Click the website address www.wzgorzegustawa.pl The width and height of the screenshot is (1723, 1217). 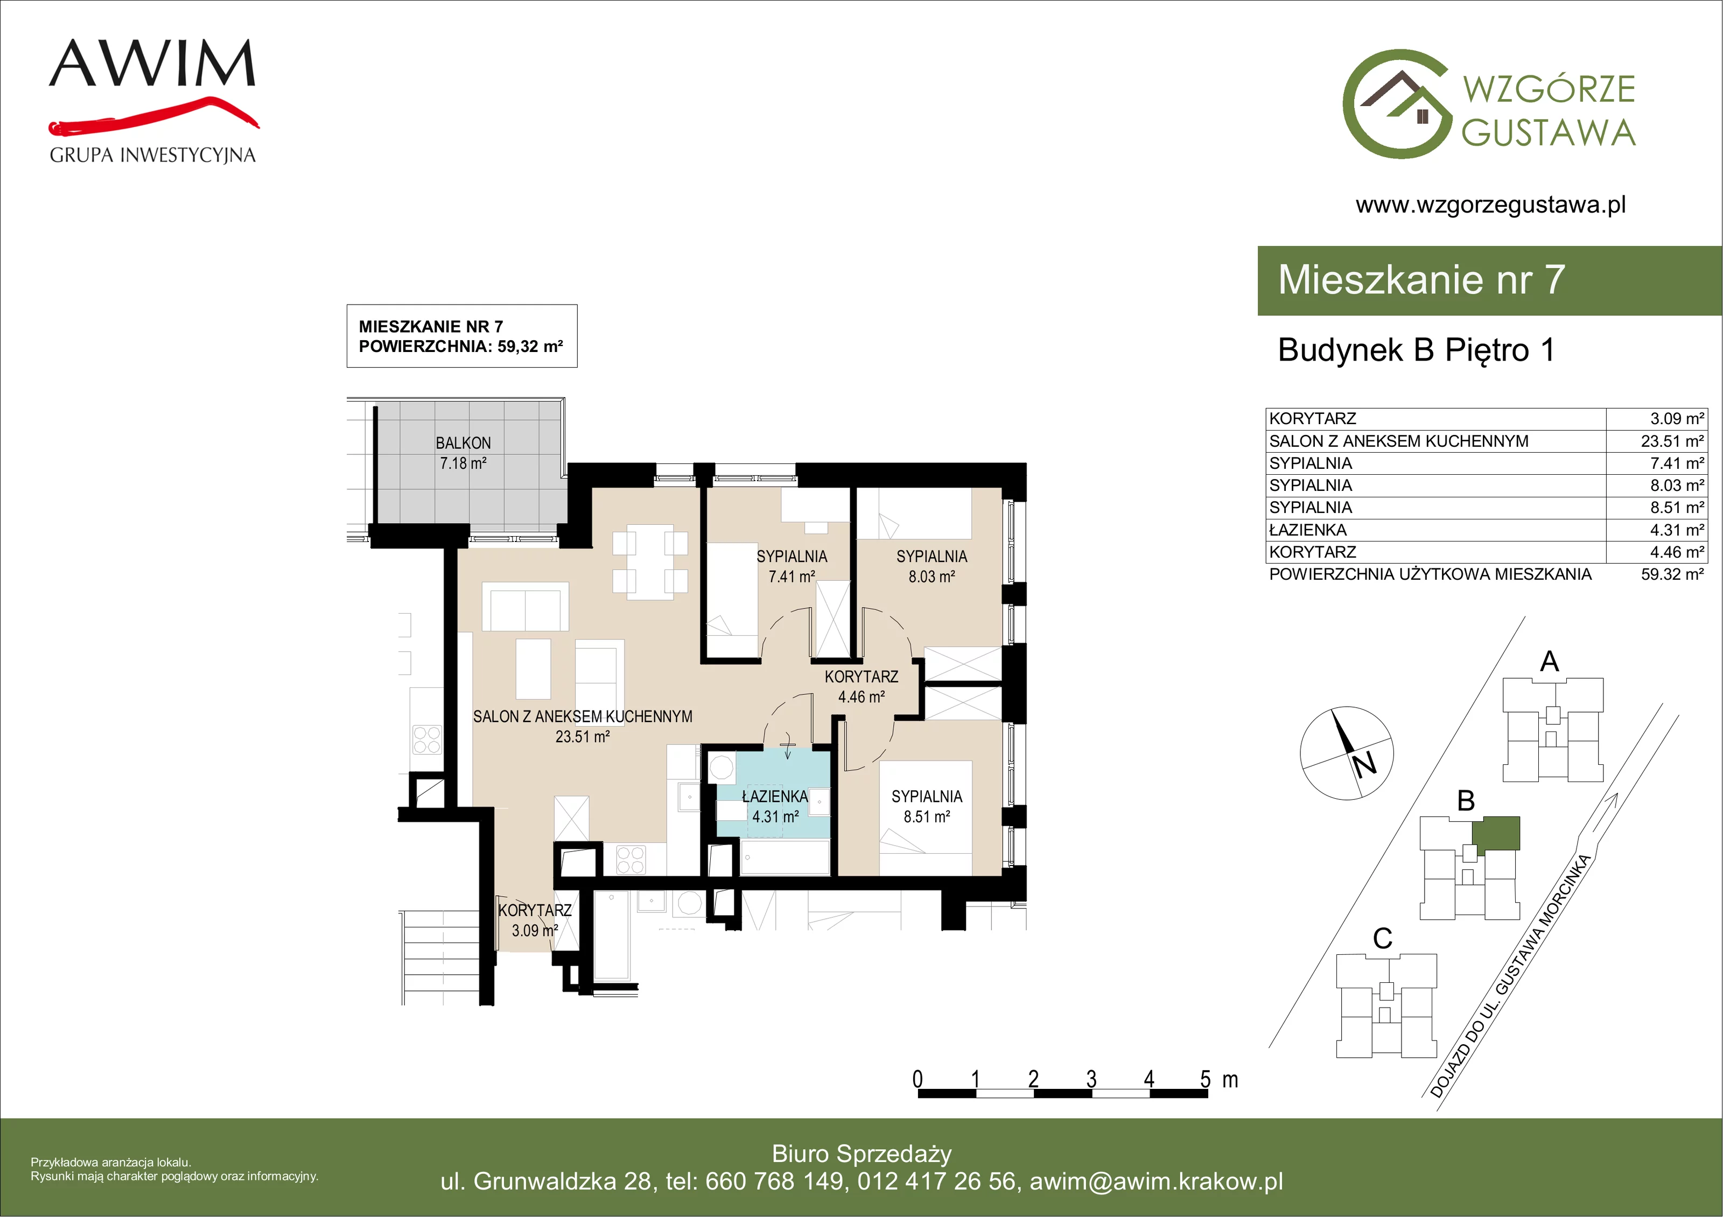1490,205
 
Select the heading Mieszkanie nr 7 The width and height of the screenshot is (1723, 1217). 1421,280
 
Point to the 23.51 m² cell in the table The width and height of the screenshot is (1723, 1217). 1672,441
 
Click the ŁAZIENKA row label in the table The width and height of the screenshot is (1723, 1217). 1307,530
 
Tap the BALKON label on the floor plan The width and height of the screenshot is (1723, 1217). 463,444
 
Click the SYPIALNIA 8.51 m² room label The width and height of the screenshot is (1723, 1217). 927,806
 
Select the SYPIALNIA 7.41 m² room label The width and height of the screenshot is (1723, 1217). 792,566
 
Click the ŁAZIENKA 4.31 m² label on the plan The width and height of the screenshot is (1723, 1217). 775,806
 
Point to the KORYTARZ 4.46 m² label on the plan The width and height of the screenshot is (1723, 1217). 861,686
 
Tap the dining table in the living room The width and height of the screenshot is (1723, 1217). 650,562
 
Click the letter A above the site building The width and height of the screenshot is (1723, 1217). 1549,662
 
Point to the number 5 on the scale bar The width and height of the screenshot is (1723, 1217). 1205,1079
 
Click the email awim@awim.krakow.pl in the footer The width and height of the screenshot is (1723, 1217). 1157,1181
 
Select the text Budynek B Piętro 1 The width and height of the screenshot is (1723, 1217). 1416,350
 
